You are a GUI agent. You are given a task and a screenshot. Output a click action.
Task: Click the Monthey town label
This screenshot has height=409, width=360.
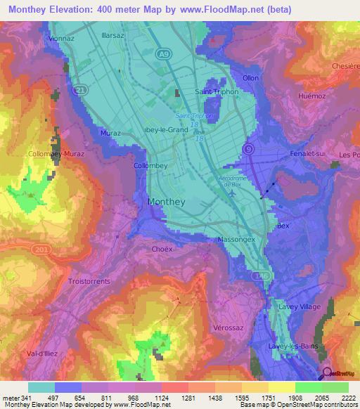(167, 202)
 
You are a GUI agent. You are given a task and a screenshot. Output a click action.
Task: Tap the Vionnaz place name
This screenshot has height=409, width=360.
(62, 39)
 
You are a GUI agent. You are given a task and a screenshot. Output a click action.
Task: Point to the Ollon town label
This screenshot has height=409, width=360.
(250, 78)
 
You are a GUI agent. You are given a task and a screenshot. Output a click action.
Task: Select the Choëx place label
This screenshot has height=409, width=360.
(162, 249)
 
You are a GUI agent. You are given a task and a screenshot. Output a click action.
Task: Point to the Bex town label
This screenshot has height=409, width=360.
(283, 226)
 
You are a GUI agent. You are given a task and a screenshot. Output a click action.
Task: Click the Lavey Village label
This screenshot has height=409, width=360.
(300, 307)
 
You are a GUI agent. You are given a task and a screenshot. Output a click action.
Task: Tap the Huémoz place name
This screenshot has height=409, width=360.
(311, 96)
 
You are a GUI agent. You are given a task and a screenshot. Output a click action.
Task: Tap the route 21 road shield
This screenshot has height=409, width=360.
(62, 90)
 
